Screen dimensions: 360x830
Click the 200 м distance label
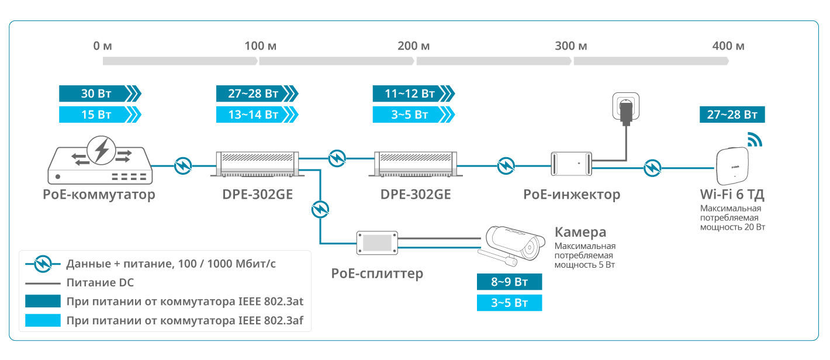(x=413, y=46)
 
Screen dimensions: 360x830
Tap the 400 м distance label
(x=729, y=46)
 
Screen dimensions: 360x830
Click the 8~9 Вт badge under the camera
(x=509, y=282)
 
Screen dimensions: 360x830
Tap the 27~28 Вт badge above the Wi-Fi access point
(x=732, y=114)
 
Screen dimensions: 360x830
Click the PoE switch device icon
(x=100, y=160)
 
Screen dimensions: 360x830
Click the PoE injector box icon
(x=571, y=163)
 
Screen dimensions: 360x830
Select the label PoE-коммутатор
(x=99, y=195)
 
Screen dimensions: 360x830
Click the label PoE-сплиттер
(x=377, y=274)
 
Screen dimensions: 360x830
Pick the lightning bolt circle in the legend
(x=43, y=264)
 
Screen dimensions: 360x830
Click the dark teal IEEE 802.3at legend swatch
(x=43, y=302)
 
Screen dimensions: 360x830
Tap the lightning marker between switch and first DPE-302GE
(x=184, y=166)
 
